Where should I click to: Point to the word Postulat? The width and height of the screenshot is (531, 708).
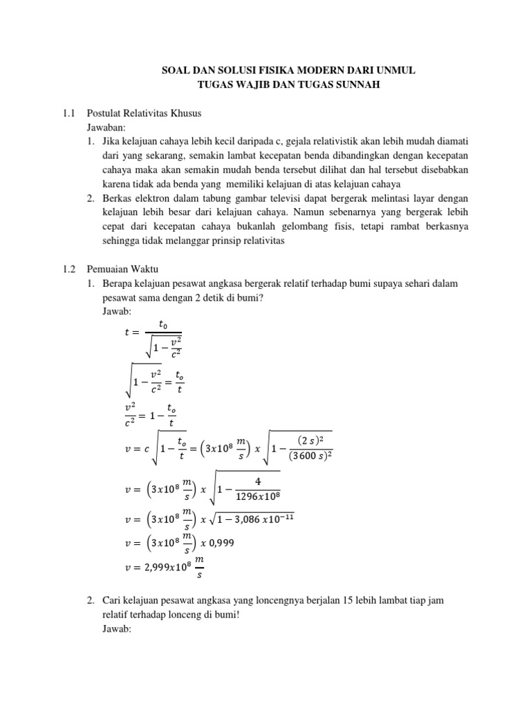tap(105, 112)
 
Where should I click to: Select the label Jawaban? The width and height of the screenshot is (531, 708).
tap(106, 127)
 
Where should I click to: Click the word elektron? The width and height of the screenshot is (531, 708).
tap(147, 198)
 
